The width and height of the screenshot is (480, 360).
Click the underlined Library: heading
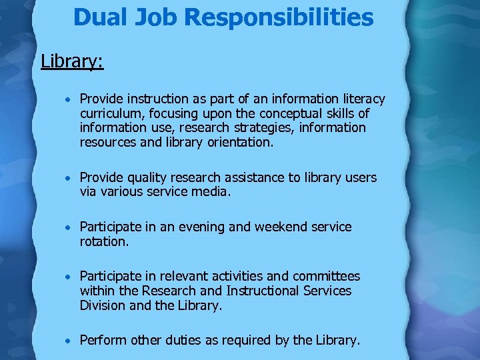point(72,61)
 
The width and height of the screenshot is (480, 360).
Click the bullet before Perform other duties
point(69,341)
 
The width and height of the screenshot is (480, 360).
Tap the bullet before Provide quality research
point(69,179)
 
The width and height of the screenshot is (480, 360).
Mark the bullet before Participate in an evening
point(69,227)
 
